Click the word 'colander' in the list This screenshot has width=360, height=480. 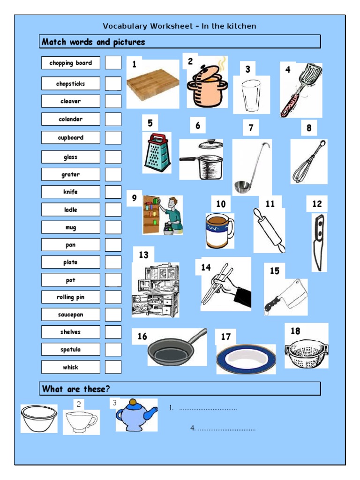(70, 119)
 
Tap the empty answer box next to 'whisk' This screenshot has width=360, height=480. (113, 367)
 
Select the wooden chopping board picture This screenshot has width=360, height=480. (153, 86)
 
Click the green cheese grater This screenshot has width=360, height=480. (157, 152)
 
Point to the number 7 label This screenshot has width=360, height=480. (251, 127)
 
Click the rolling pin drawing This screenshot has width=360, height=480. (269, 230)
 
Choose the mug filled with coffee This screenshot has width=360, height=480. (218, 231)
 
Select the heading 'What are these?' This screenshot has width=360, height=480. (76, 389)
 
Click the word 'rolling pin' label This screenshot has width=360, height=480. (70, 297)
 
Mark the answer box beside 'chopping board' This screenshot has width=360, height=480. (113, 63)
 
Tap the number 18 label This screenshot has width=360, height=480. (295, 331)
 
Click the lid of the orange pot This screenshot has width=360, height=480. (209, 72)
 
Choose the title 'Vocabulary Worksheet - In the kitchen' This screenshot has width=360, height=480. (180, 26)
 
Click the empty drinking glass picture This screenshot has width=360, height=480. (251, 95)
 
